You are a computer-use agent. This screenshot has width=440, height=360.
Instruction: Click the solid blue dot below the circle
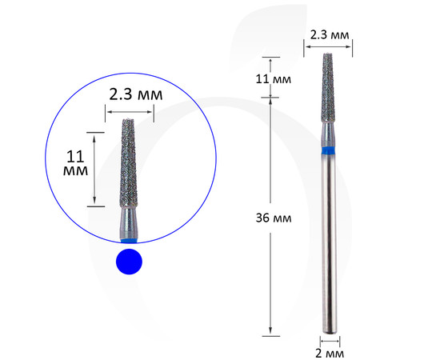(x=129, y=262)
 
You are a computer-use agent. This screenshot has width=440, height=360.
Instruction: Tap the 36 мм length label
(x=274, y=218)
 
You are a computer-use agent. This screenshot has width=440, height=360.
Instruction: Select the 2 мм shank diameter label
(x=330, y=354)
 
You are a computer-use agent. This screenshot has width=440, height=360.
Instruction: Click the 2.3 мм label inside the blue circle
(x=135, y=94)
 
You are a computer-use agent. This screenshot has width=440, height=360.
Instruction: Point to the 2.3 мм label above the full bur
(x=330, y=34)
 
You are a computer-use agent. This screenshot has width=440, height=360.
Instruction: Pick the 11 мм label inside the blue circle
(x=75, y=163)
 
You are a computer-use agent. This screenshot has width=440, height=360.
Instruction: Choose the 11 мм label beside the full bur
(x=274, y=79)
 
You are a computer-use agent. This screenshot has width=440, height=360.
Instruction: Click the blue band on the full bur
(x=329, y=150)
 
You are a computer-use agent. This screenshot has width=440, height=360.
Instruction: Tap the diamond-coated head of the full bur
(x=328, y=88)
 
